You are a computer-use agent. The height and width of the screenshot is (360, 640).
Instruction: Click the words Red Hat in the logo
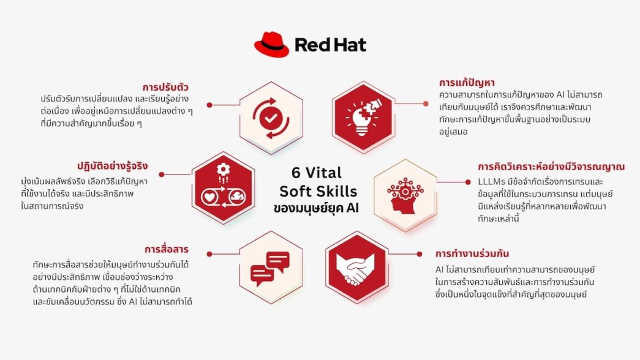tap(330, 45)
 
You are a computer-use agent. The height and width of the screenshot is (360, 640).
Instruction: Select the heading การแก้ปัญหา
tap(467, 82)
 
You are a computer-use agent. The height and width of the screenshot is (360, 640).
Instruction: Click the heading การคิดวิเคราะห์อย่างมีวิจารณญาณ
tap(551, 167)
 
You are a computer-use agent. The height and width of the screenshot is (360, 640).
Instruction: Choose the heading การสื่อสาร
tap(166, 249)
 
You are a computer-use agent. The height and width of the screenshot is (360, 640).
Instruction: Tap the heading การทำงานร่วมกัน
tap(472, 253)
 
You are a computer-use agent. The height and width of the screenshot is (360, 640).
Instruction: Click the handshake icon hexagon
tap(356, 263)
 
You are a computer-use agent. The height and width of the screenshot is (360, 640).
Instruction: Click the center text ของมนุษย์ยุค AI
tap(316, 208)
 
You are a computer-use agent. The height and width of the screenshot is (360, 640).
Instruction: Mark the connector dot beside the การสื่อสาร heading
tap(209, 253)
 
